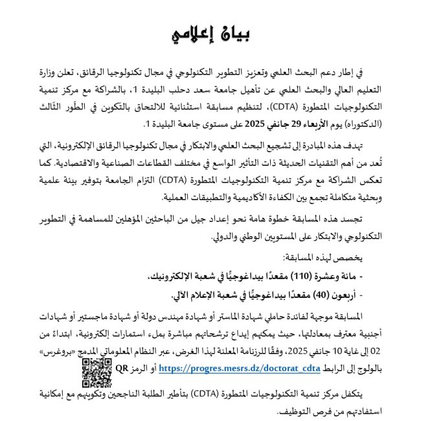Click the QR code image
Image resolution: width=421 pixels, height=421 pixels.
tap(97, 372)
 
